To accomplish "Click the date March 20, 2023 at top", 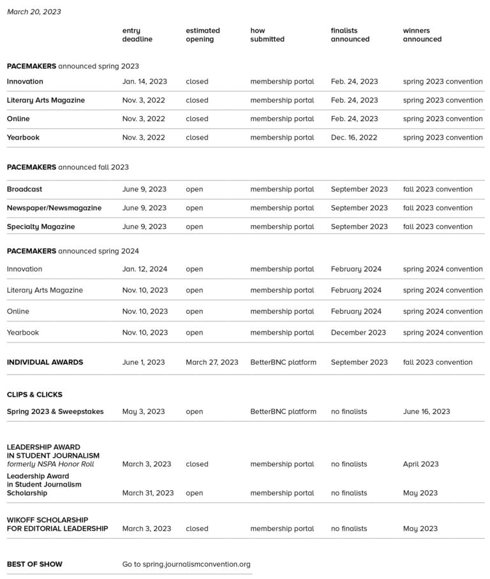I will pyautogui.click(x=34, y=11).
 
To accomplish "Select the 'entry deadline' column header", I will pyautogui.click(x=137, y=35).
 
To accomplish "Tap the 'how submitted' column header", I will pyautogui.click(x=267, y=35).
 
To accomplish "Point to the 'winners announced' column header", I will pyautogui.click(x=422, y=35).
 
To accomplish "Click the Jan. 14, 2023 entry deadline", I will pyautogui.click(x=144, y=82).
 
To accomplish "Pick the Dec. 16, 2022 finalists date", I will pyautogui.click(x=353, y=138).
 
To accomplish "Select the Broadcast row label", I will pyautogui.click(x=24, y=189).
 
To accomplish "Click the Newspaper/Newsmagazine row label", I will pyautogui.click(x=54, y=208).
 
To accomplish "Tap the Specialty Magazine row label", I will pyautogui.click(x=41, y=227).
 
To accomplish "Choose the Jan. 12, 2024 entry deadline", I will pyautogui.click(x=144, y=269).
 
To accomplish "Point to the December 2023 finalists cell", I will pyautogui.click(x=358, y=333).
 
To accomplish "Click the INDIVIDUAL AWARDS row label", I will pyautogui.click(x=45, y=362).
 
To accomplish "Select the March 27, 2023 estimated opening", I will pyautogui.click(x=212, y=362).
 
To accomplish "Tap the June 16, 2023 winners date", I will pyautogui.click(x=426, y=412).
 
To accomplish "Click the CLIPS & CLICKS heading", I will pyautogui.click(x=34, y=395).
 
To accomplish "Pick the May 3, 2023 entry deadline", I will pyautogui.click(x=143, y=412).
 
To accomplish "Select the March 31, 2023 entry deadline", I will pyautogui.click(x=147, y=493).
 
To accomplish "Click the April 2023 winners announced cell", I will pyautogui.click(x=420, y=464).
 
